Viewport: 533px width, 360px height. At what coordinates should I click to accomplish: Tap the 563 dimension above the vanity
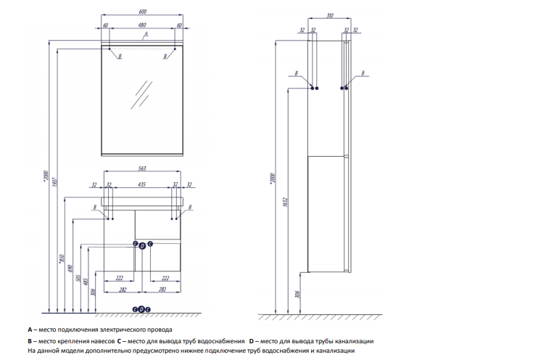click(142, 168)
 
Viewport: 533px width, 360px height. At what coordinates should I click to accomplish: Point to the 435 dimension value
click(142, 184)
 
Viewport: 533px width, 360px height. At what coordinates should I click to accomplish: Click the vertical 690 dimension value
click(70, 269)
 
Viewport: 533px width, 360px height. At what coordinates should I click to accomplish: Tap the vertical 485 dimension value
click(85, 282)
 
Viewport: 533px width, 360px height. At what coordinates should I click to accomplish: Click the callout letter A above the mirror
click(146, 34)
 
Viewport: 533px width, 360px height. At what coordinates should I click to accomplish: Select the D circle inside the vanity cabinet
click(142, 245)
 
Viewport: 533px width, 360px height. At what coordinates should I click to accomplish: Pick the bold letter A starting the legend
click(30, 330)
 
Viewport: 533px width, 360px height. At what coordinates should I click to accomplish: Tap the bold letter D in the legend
click(251, 340)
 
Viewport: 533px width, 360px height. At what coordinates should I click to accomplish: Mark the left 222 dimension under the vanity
click(120, 277)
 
